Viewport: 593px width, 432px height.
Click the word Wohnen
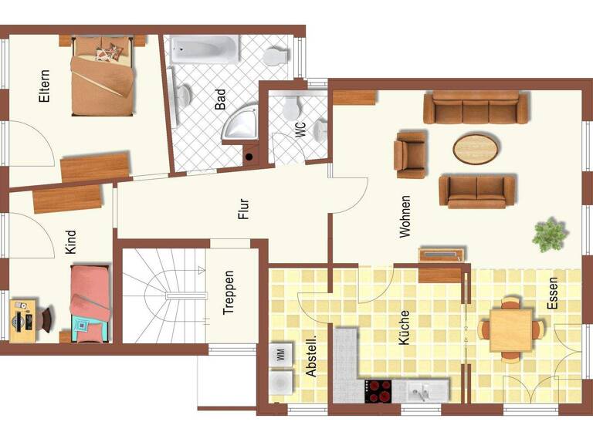[405, 216]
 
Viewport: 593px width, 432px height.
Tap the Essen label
[552, 294]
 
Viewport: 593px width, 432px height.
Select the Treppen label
[229, 292]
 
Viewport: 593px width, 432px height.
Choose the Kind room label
[71, 242]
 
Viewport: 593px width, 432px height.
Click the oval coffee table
[475, 149]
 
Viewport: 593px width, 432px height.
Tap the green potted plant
[550, 234]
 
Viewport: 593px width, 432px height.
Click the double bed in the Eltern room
[101, 74]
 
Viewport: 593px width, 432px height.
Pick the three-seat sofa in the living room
[476, 108]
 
